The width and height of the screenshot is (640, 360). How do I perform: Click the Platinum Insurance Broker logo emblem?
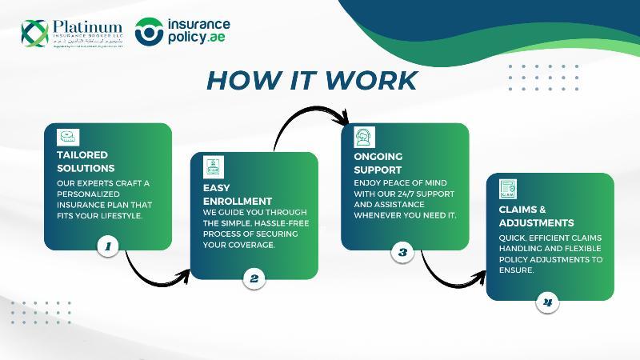coord(34,33)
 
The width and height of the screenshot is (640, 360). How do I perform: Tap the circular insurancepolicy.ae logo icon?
coord(150,32)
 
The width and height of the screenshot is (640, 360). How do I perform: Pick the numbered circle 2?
coord(254,278)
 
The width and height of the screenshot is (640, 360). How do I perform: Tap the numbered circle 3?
coord(402,252)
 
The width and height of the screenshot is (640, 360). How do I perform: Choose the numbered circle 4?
coord(547,302)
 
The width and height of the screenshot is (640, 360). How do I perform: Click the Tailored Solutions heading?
coord(86,162)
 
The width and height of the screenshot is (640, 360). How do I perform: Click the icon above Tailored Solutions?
coord(68,137)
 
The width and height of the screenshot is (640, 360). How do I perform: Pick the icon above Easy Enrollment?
coord(214,166)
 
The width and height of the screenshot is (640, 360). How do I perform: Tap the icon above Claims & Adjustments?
coord(508,189)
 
